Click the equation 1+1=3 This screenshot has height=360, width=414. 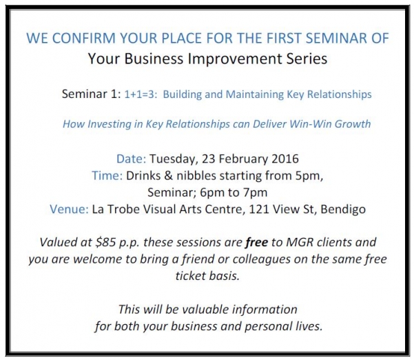[x=141, y=94]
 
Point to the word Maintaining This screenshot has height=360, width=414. [x=253, y=94]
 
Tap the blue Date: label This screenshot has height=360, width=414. [x=131, y=159]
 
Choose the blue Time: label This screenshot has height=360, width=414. [x=107, y=176]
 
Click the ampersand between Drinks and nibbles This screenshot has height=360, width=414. [x=168, y=176]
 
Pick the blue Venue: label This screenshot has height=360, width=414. [x=69, y=210]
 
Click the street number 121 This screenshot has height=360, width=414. [x=259, y=210]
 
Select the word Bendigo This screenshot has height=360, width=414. [x=343, y=210]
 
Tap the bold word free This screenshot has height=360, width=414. [x=257, y=242]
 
